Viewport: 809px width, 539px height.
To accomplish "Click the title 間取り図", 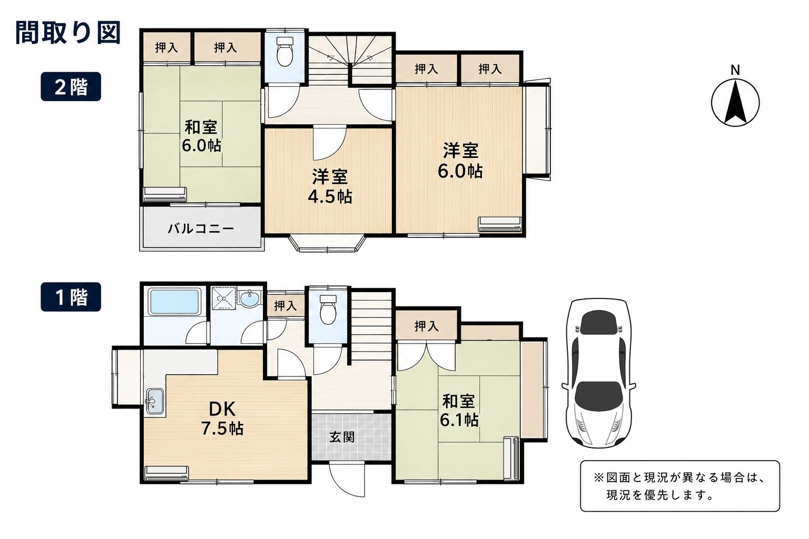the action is (x=68, y=33).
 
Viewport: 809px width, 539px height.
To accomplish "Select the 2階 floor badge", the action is (x=71, y=87).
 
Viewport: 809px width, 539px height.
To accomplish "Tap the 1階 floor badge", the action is (x=71, y=297).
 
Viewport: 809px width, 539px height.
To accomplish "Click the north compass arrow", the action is (x=735, y=102).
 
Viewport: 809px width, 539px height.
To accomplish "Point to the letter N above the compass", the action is (x=735, y=70).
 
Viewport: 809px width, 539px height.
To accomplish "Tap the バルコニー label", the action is (x=201, y=228).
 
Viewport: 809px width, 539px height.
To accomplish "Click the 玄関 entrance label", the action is (x=342, y=437).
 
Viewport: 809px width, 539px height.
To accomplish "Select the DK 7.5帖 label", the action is (x=222, y=419).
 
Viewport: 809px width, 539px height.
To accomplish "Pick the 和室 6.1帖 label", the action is (x=459, y=411).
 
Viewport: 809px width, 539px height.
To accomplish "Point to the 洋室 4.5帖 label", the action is (x=330, y=186).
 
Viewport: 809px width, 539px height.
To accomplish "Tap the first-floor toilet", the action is (x=328, y=310).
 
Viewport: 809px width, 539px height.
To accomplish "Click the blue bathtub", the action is (x=175, y=301).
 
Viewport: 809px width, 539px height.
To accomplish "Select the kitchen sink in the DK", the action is (x=155, y=402).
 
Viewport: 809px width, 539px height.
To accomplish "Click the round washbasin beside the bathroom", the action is (x=250, y=299).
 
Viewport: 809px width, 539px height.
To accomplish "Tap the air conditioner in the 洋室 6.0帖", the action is (x=500, y=224).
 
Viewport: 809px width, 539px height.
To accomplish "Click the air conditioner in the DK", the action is (x=166, y=473).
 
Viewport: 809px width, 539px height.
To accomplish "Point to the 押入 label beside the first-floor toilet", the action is (x=285, y=306).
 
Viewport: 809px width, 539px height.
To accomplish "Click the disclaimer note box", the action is (x=680, y=486).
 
